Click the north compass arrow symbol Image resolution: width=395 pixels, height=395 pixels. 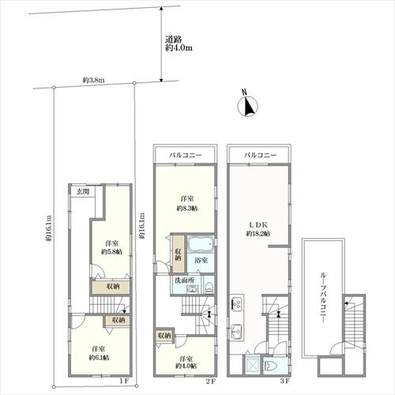point(246,105)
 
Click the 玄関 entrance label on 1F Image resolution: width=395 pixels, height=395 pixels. point(82,192)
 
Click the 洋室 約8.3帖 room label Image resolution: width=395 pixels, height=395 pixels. point(187,202)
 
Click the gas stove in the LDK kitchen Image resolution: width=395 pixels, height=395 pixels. point(235,303)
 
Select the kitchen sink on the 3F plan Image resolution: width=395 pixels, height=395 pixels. point(235,330)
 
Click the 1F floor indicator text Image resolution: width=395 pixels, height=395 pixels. point(123,382)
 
